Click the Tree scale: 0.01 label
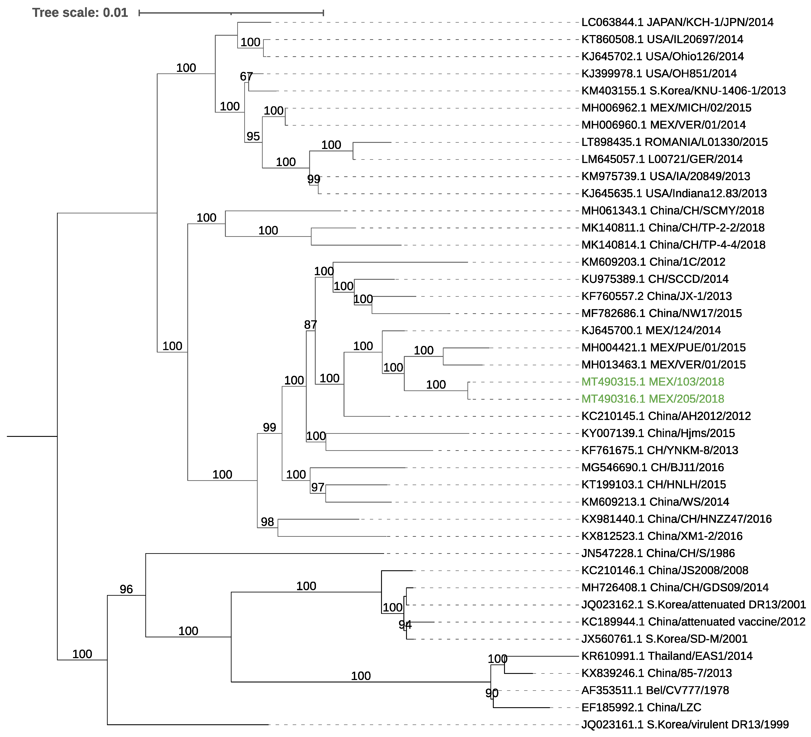[x=80, y=13]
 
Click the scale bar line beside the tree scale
[x=231, y=13]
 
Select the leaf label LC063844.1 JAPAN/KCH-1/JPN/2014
[x=677, y=22]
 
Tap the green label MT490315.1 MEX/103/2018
[x=652, y=382]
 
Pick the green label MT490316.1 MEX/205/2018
[x=652, y=399]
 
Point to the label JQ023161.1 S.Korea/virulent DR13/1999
[x=685, y=725]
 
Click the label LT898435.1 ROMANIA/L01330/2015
[x=674, y=142]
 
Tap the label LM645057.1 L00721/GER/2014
[x=662, y=159]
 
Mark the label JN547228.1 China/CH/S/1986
[x=658, y=553]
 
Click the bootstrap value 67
[x=246, y=76]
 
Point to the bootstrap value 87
[x=310, y=324]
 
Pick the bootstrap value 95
[x=253, y=136]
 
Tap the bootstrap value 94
[x=405, y=624]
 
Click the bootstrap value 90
[x=492, y=693]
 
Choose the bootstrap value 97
[x=317, y=487]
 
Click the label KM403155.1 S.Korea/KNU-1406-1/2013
[x=683, y=90]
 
